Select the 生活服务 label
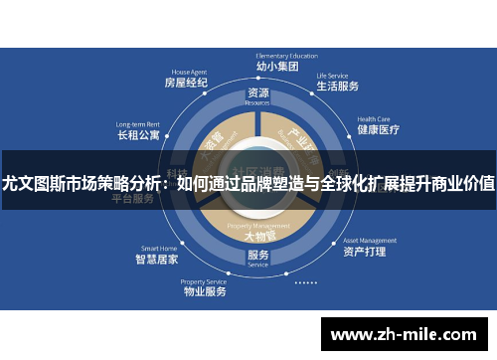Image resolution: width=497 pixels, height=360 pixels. pyautogui.click(x=337, y=87)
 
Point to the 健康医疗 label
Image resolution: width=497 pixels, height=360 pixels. pyautogui.click(x=378, y=129)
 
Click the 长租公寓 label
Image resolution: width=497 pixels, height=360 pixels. pyautogui.click(x=139, y=135)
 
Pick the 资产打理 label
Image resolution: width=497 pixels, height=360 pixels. pyautogui.click(x=364, y=253)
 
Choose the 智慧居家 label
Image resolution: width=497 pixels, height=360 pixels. pyautogui.click(x=157, y=260)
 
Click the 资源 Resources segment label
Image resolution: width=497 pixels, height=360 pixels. pyautogui.click(x=257, y=95)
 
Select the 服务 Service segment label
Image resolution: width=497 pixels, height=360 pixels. pyautogui.click(x=257, y=258)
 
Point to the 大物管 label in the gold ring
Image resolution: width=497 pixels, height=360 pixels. pyautogui.click(x=256, y=237)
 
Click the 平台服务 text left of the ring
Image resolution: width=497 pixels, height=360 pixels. pyautogui.click(x=132, y=198)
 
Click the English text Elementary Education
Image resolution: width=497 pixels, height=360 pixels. pyautogui.click(x=258, y=56)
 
